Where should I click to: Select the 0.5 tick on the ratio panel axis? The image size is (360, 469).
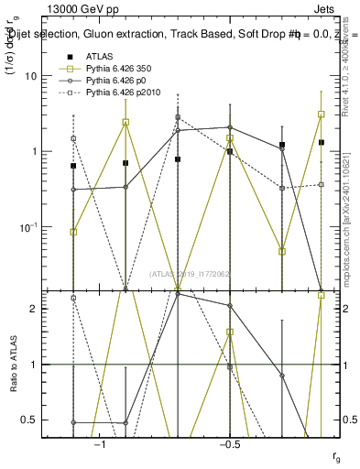(x=38, y=420)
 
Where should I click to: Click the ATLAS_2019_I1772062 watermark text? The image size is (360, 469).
(x=191, y=272)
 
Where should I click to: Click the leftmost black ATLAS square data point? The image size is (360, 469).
(x=73, y=166)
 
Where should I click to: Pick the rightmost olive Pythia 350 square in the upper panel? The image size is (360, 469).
(x=322, y=115)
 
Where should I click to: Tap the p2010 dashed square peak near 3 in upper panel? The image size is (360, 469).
(x=178, y=118)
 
